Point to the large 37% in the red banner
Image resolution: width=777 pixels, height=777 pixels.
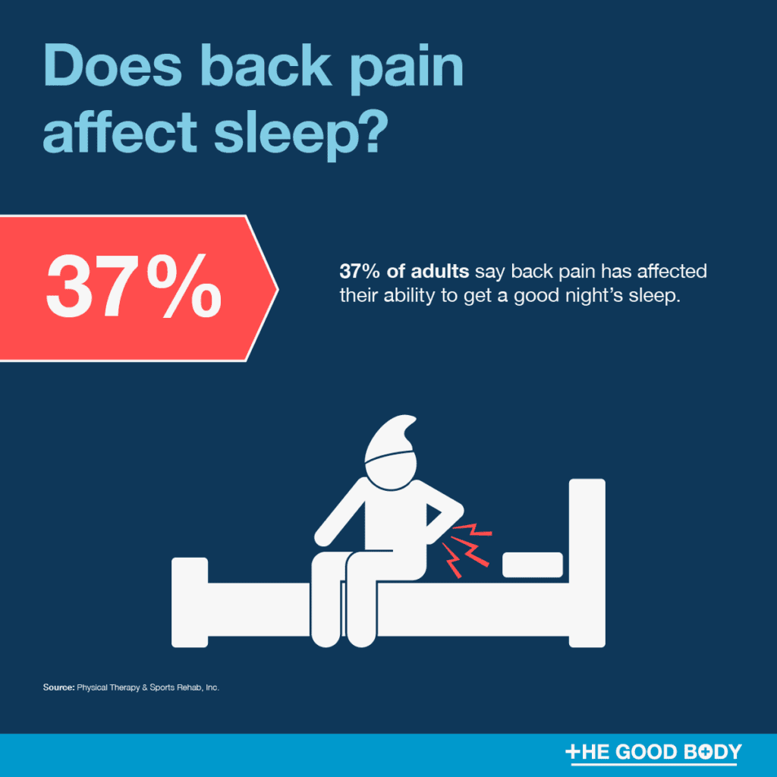coord(134,289)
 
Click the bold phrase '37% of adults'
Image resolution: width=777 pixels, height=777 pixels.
coord(404,272)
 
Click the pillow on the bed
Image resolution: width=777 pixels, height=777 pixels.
coord(533,565)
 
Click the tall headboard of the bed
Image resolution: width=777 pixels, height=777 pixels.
coord(587,562)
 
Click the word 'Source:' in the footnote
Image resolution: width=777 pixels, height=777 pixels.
coord(58,688)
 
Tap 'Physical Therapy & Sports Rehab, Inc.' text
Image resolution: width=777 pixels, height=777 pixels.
coord(148,688)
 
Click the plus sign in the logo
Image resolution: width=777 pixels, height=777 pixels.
coord(574,752)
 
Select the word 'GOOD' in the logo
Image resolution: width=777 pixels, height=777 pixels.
coord(656,752)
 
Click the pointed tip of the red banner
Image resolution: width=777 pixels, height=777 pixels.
coord(275,288)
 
